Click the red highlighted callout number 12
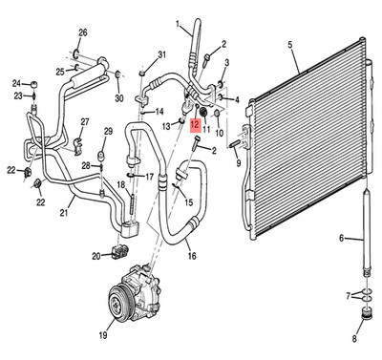tap(195, 124)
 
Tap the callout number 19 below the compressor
tap(102, 335)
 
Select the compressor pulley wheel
tap(117, 304)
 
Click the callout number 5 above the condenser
tap(290, 45)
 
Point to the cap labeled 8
tap(367, 314)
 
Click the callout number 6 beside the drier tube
tap(342, 238)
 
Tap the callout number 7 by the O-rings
tap(349, 296)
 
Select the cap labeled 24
tap(34, 85)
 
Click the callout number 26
tap(83, 32)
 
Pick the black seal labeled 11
tap(203, 112)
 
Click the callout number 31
tap(162, 54)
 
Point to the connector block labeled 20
tap(120, 251)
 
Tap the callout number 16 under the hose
tap(192, 256)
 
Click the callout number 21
tap(64, 212)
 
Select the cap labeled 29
tap(101, 157)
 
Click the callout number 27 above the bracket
tap(85, 122)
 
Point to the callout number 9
tap(238, 163)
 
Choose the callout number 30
tap(119, 98)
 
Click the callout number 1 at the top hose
tap(178, 24)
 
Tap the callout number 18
tap(121, 184)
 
